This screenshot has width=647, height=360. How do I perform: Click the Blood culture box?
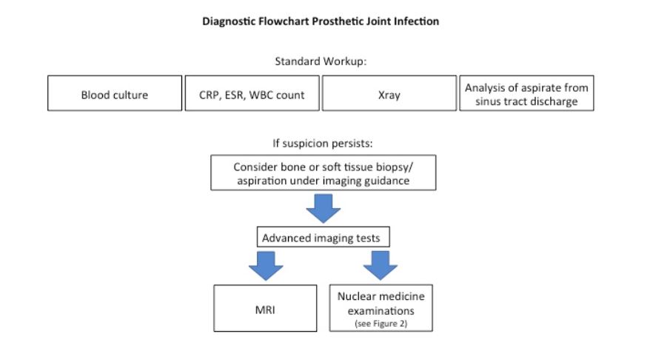[115, 94]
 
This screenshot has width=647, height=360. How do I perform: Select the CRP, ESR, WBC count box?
[252, 94]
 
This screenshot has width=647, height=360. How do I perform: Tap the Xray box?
[389, 94]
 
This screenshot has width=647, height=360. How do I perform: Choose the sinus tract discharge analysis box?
[526, 94]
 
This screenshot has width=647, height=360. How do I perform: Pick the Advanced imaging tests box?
[322, 239]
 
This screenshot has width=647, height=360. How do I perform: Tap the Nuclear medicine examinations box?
[381, 307]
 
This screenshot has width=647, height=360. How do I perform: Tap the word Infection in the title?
[418, 21]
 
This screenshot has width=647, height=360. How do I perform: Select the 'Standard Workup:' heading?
[322, 61]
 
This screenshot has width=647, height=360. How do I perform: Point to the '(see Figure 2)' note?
[381, 323]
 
